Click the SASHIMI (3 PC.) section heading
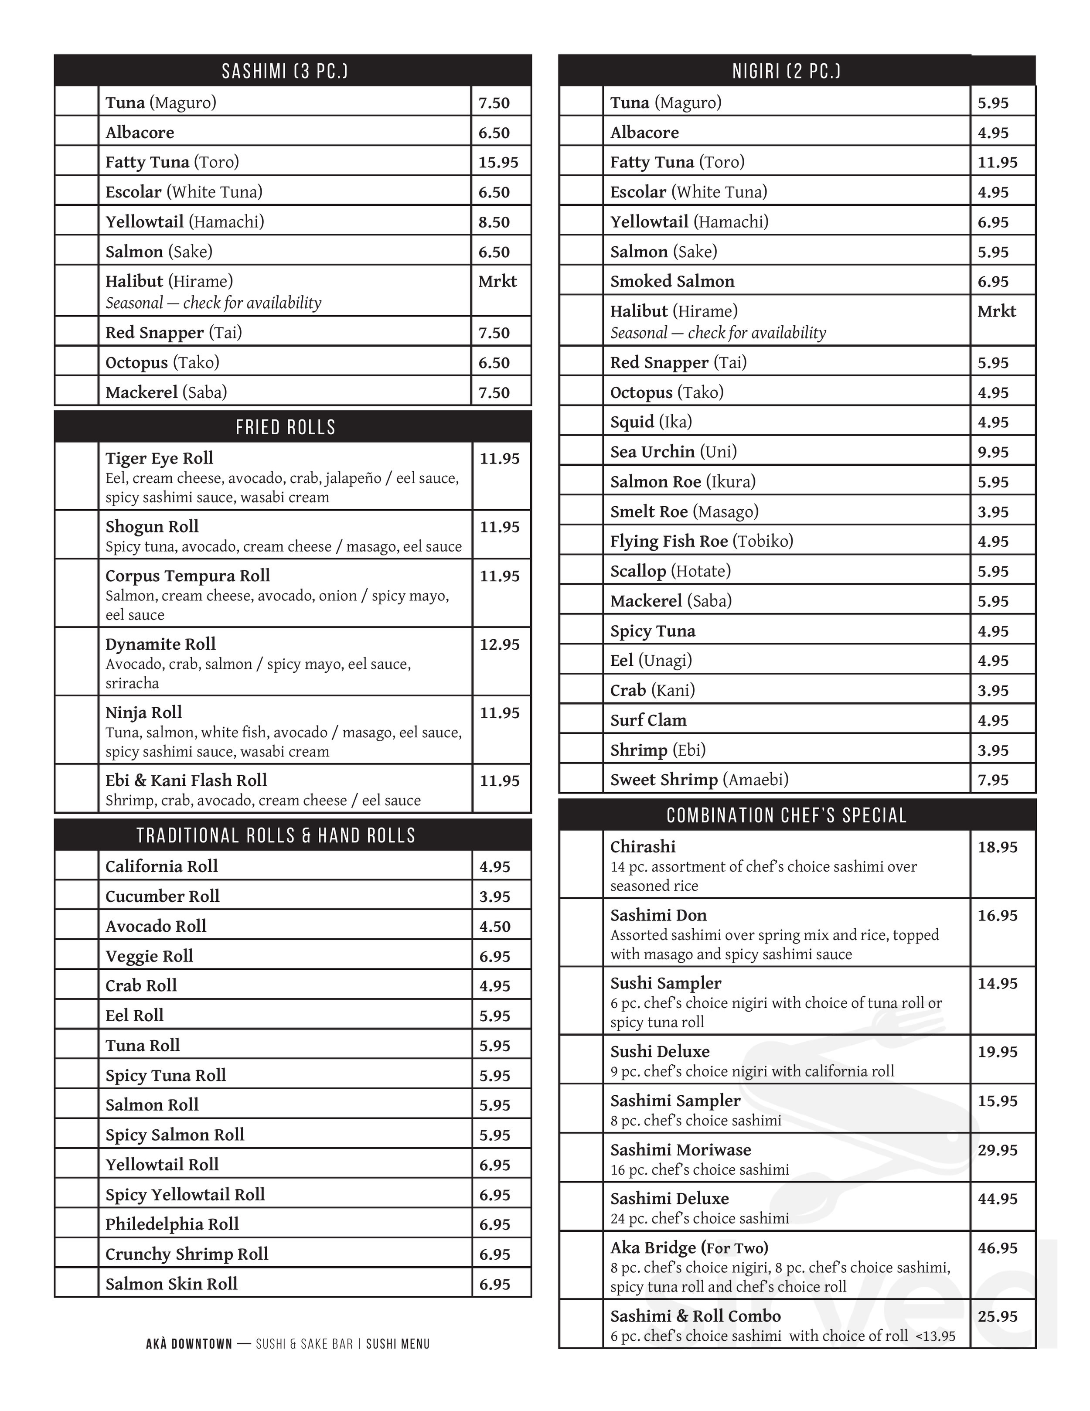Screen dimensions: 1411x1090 coord(285,71)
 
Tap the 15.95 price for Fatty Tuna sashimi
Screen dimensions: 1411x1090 coord(498,162)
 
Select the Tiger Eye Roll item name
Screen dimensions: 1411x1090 coord(159,458)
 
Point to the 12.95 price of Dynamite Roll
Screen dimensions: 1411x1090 coord(499,644)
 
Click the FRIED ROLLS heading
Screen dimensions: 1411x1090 coord(286,427)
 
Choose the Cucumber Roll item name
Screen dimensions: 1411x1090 coord(162,896)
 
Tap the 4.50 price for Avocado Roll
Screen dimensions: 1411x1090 coord(494,927)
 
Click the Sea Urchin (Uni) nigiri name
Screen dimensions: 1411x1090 coord(673,452)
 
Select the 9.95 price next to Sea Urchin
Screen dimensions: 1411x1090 coord(992,452)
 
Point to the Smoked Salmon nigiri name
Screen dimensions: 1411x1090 coord(672,281)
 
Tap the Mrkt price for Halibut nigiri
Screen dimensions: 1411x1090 coord(996,311)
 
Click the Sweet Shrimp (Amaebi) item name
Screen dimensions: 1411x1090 coord(699,780)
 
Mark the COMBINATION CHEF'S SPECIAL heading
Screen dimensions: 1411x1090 coord(786,815)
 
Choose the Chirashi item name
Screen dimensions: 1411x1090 coord(642,846)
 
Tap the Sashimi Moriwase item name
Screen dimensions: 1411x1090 coord(680,1149)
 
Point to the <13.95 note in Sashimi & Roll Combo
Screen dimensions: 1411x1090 coord(935,1336)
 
